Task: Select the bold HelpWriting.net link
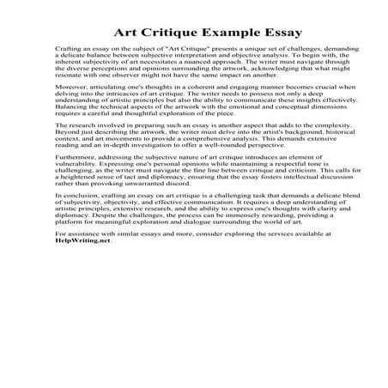tap(83, 240)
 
